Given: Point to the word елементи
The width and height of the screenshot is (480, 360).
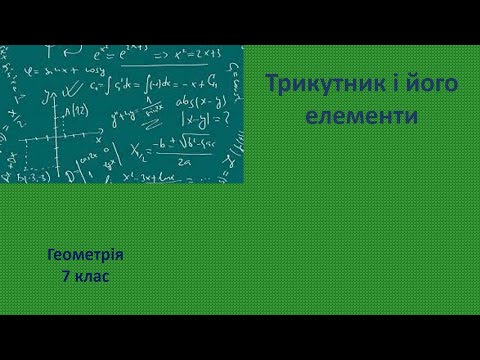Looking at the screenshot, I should (362, 117).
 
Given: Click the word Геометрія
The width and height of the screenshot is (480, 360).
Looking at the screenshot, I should (85, 256).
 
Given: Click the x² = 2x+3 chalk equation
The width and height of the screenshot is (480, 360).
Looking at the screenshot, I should (205, 53).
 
